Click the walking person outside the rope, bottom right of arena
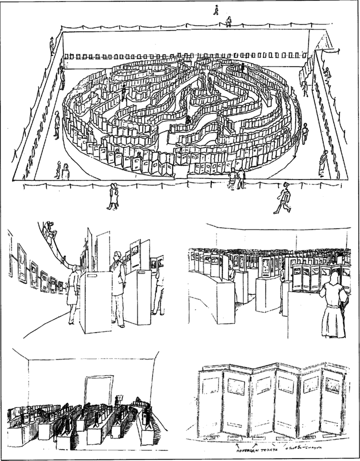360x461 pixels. (x=283, y=201)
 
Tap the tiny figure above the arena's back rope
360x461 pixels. (x=216, y=9)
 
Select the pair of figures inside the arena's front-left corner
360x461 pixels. (x=62, y=170)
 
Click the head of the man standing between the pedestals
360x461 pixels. (x=117, y=257)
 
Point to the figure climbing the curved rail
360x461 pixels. (x=50, y=230)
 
